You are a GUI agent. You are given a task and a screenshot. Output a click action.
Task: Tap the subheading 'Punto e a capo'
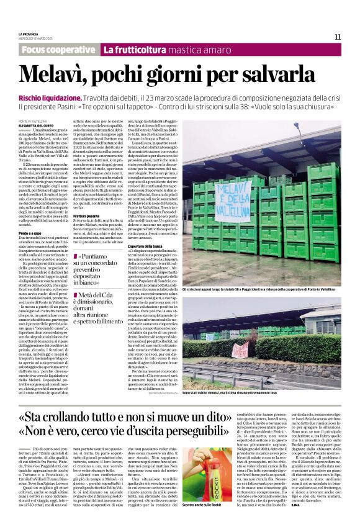tap(32, 231)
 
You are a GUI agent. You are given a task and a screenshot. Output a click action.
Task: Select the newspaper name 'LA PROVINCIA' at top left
tap(29, 34)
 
